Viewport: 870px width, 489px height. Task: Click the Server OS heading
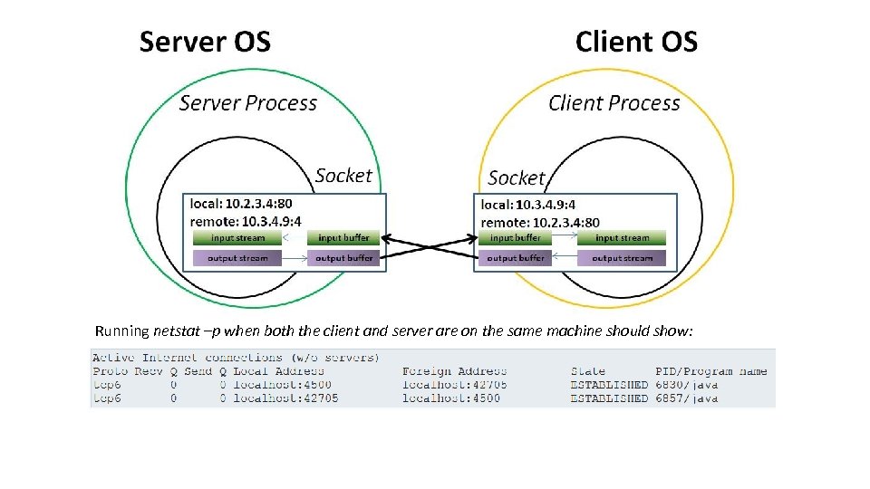[205, 42]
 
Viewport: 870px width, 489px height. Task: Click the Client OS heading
[636, 42]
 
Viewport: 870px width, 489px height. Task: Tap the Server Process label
[247, 103]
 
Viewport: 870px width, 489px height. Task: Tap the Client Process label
[614, 103]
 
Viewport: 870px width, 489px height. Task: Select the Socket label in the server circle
[343, 175]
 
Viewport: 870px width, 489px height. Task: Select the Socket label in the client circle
[517, 177]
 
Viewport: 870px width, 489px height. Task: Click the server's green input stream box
[237, 238]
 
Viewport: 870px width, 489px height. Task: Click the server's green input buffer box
[343, 238]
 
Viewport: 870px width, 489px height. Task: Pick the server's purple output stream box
[237, 258]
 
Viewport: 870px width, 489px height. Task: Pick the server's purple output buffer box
[343, 258]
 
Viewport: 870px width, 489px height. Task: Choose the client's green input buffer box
[515, 238]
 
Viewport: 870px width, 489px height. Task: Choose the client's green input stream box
[622, 238]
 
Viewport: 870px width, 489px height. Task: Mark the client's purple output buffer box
[515, 258]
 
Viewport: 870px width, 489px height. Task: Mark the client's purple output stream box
[622, 258]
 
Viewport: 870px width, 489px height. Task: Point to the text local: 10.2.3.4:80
[241, 204]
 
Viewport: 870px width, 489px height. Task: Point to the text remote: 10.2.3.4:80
[540, 222]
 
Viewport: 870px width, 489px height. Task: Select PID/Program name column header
[710, 371]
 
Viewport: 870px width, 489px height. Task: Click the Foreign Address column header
[454, 371]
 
